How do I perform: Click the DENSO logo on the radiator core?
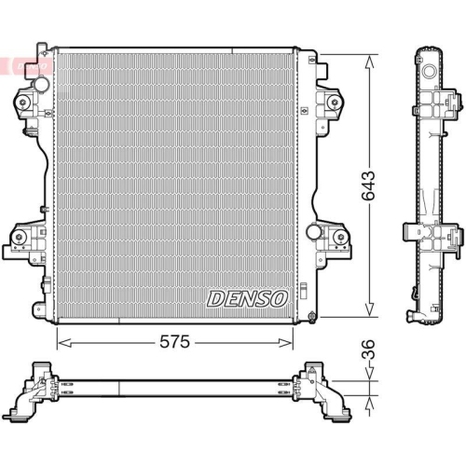coord(247,298)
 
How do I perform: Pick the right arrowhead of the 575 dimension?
coord(291,342)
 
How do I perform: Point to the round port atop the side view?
coord(431,70)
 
